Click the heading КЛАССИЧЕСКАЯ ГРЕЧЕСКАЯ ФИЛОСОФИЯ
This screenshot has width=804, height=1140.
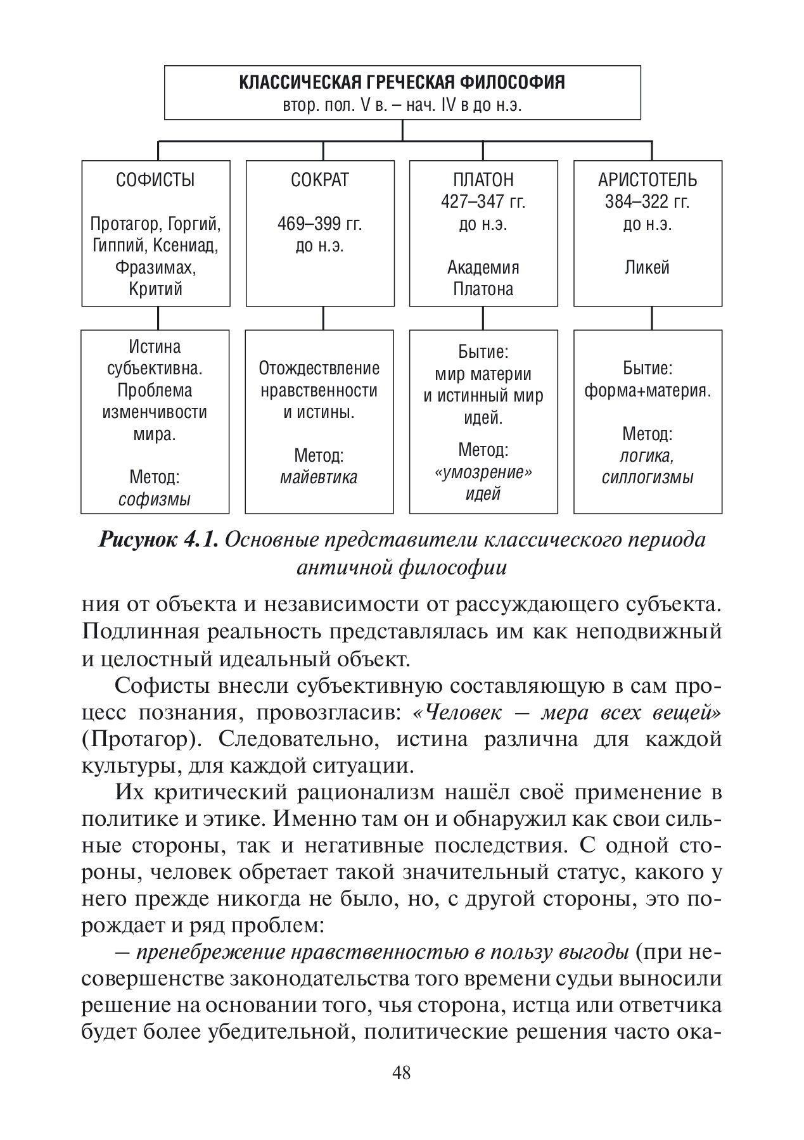(402, 82)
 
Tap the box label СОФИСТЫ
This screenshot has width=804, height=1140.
(155, 180)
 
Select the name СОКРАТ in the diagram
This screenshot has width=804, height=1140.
(319, 180)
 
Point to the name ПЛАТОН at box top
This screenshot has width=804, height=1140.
(483, 180)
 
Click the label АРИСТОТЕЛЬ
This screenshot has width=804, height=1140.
(647, 180)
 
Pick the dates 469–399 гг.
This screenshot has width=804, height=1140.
(319, 224)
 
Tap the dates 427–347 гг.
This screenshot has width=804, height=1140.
(483, 202)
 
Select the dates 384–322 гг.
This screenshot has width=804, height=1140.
(647, 202)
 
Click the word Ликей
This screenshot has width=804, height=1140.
(647, 267)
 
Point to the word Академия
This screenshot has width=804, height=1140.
(483, 267)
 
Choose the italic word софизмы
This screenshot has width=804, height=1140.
(155, 500)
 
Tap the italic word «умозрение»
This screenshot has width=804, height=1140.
(483, 472)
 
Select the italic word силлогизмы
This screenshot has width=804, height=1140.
(647, 477)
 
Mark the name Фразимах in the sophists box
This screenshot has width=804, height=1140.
(155, 267)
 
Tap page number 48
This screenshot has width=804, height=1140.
(402, 1073)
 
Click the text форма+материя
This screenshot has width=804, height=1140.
(647, 391)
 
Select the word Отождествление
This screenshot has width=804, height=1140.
(319, 368)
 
